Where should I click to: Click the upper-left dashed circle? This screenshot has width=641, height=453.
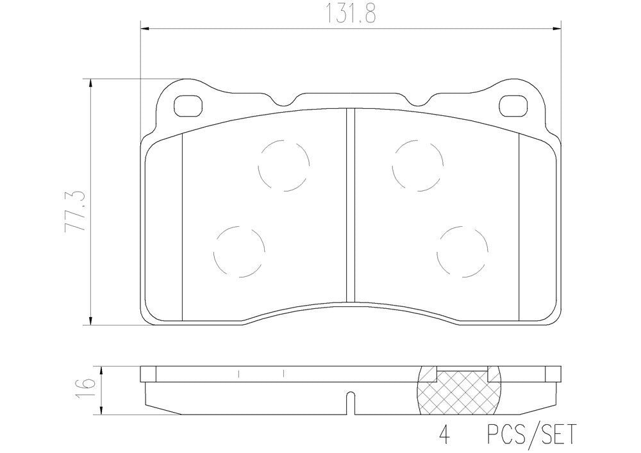[283, 165]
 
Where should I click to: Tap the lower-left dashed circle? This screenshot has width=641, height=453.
[240, 251]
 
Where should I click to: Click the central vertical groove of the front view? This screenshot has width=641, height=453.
[350, 205]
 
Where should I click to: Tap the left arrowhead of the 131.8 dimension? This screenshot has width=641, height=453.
[144, 28]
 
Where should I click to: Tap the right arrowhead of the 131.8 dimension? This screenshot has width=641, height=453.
[556, 28]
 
